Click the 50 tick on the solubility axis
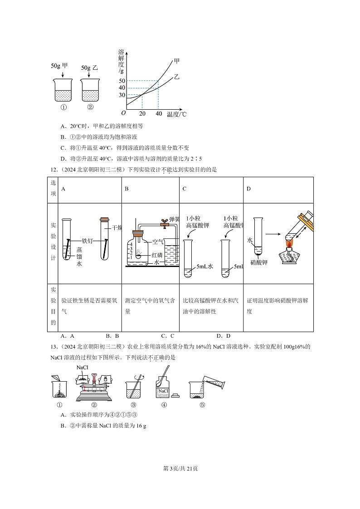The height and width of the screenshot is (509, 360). point(122,81)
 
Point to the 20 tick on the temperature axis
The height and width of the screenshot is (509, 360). point(142,114)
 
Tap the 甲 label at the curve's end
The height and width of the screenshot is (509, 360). point(176,61)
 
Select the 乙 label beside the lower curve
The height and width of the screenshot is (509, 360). point(177,77)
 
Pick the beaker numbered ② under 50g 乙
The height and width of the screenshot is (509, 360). point(90,91)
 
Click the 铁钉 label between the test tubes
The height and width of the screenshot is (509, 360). point(87,241)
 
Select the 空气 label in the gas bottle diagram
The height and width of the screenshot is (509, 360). point(158,242)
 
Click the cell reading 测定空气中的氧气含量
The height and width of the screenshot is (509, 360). point(150,306)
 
